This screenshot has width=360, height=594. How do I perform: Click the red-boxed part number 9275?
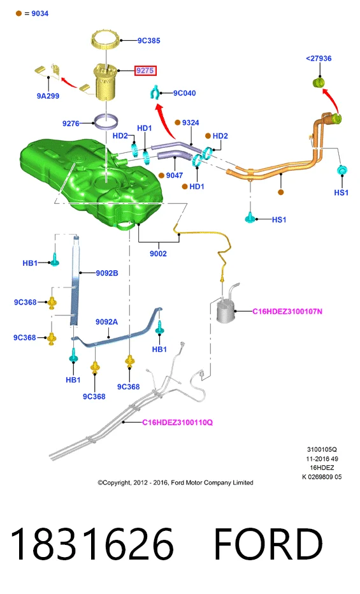(x=145, y=71)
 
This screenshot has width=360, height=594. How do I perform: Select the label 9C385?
(x=148, y=41)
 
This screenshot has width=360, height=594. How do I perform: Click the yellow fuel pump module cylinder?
(x=106, y=82)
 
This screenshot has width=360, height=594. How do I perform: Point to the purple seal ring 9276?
(x=106, y=122)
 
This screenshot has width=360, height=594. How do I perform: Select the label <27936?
(x=319, y=59)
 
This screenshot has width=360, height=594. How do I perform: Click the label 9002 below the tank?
(x=158, y=254)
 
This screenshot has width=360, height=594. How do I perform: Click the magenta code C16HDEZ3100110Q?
(x=178, y=422)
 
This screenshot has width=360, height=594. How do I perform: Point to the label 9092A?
(x=106, y=322)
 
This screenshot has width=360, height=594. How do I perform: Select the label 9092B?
(x=107, y=273)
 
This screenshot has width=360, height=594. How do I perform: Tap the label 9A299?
(x=48, y=96)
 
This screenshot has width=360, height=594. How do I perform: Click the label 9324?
(x=191, y=122)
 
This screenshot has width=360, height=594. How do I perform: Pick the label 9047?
(x=174, y=175)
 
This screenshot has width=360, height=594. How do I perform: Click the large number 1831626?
(x=92, y=544)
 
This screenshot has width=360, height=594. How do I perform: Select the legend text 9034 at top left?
(x=40, y=13)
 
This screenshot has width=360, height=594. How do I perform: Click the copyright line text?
(x=175, y=482)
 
